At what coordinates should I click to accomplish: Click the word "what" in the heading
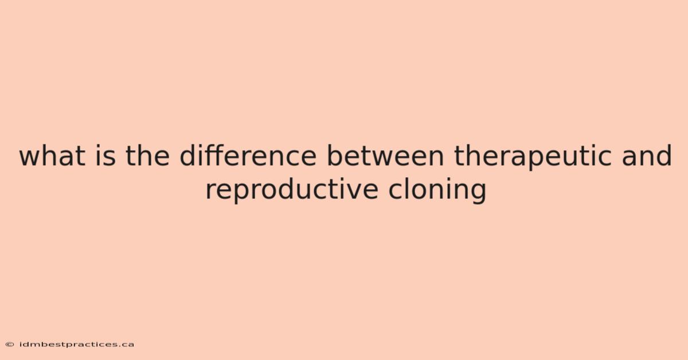click(52, 156)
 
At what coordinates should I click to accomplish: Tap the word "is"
click(106, 156)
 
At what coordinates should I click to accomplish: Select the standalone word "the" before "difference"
click(147, 156)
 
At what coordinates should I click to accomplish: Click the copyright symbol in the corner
click(10, 345)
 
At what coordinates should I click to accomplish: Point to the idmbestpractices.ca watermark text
click(77, 345)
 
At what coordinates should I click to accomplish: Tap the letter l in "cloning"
click(406, 189)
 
